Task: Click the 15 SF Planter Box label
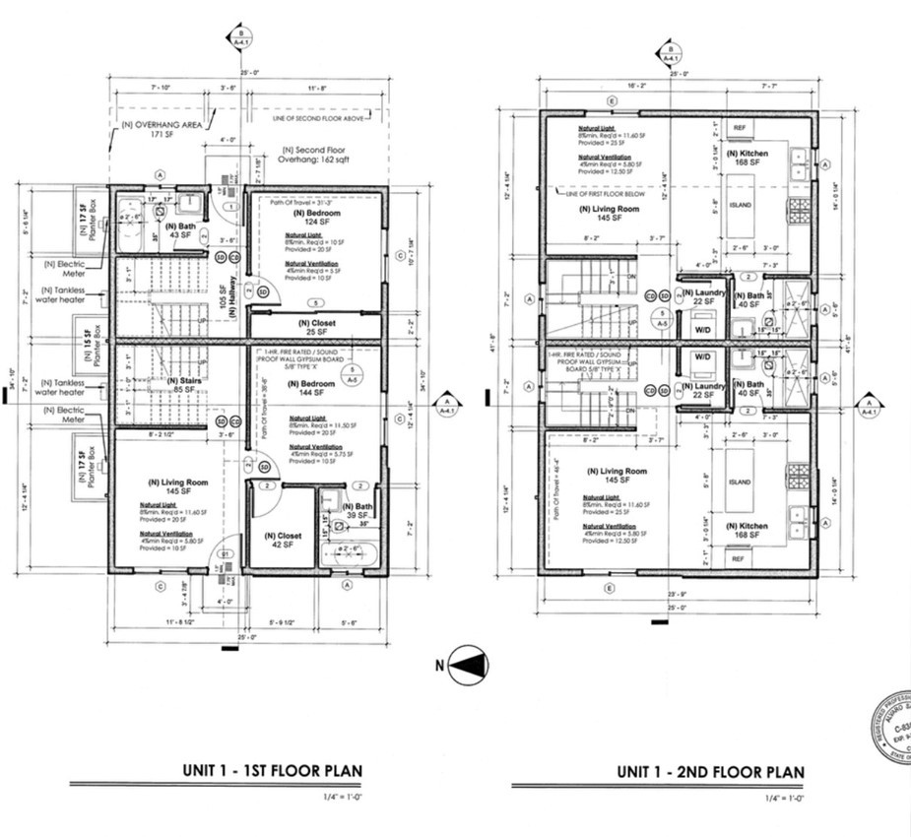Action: pyautogui.click(x=89, y=338)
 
